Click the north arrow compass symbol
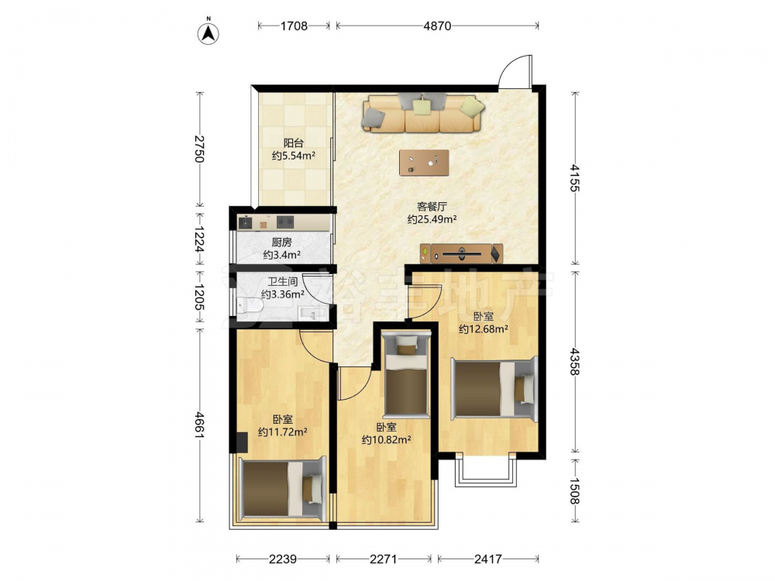pyautogui.click(x=208, y=33)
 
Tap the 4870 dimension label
pyautogui.click(x=437, y=26)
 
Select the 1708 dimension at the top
pyautogui.click(x=294, y=26)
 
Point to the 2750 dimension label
pyautogui.click(x=199, y=149)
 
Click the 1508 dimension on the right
pyautogui.click(x=575, y=490)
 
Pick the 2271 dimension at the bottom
pyautogui.click(x=384, y=559)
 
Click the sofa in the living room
pyautogui.click(x=423, y=113)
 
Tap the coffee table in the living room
pyautogui.click(x=424, y=163)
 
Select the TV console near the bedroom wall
pyautogui.click(x=461, y=253)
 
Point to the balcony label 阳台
pyautogui.click(x=294, y=143)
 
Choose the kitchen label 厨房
pyautogui.click(x=282, y=242)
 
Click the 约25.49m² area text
pyautogui.click(x=432, y=219)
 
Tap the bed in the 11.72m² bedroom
pyautogui.click(x=283, y=489)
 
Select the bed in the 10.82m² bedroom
pyautogui.click(x=406, y=374)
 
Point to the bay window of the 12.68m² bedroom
pyautogui.click(x=486, y=470)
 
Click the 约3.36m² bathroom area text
pyautogui.click(x=282, y=294)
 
